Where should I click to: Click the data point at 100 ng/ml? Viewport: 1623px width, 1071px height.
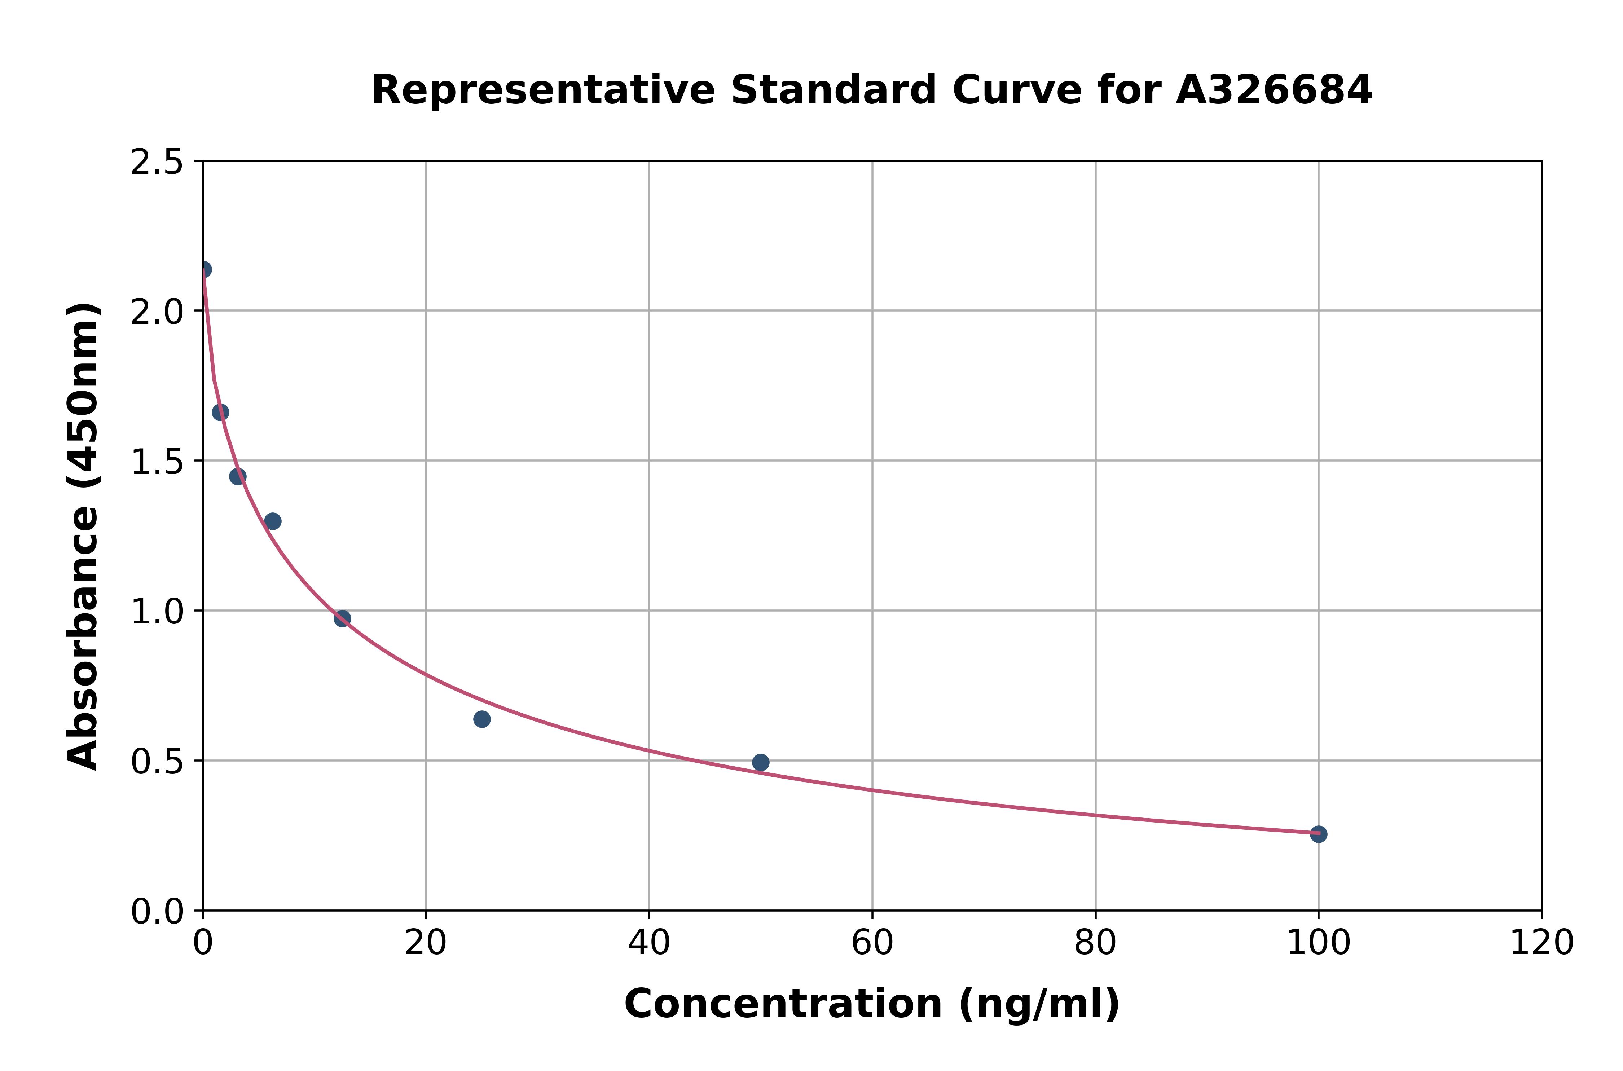click(1318, 834)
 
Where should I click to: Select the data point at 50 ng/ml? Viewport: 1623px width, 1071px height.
click(760, 762)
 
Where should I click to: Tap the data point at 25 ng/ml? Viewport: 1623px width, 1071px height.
click(481, 719)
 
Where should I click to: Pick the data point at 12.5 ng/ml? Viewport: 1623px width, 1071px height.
click(342, 619)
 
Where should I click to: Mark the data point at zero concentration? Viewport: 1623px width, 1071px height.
click(203, 270)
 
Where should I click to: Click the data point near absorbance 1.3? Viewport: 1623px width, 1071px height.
click(273, 521)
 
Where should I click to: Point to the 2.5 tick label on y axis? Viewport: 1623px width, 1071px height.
click(157, 163)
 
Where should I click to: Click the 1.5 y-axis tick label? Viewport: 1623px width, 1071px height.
click(157, 462)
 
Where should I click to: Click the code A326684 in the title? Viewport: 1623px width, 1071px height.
click(1274, 90)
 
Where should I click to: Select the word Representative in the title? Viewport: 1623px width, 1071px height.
click(543, 90)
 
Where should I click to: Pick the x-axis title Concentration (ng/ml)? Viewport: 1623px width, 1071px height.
click(872, 1004)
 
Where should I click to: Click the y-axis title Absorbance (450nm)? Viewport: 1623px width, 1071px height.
click(83, 536)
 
